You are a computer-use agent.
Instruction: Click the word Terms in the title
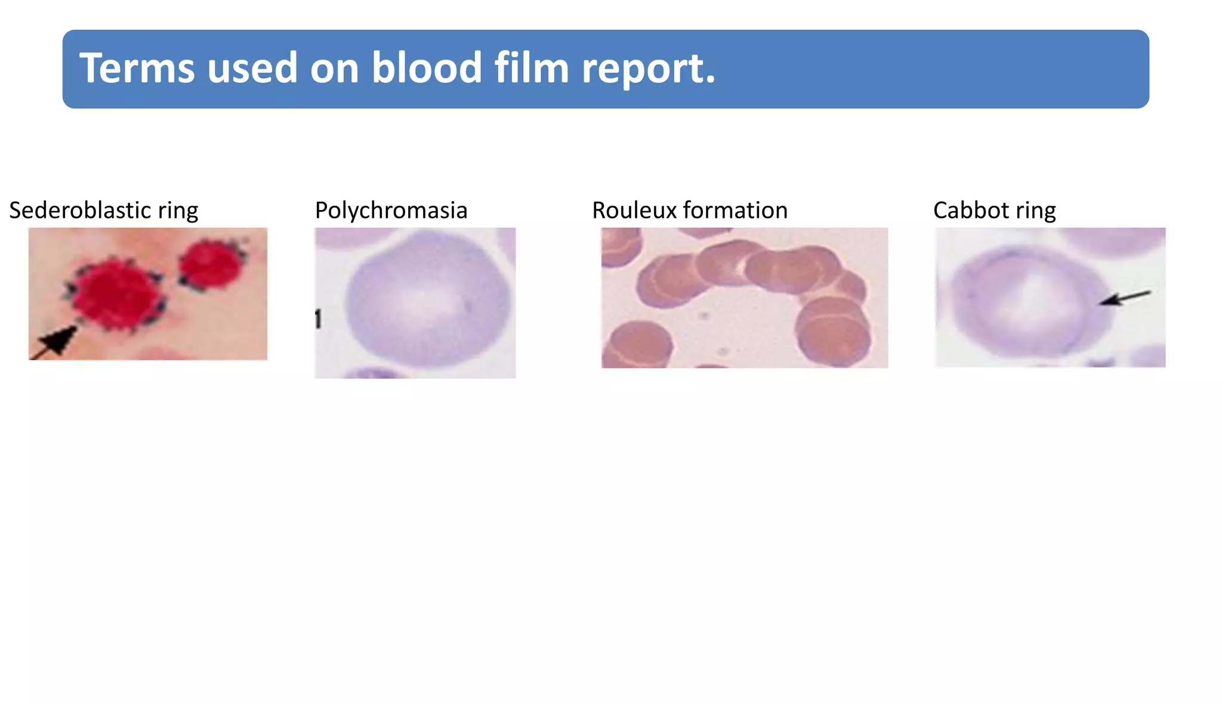137,68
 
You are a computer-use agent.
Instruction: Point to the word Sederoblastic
80,211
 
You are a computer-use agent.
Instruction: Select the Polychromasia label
391,211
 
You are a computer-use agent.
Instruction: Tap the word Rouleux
634,211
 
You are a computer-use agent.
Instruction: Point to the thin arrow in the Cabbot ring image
1124,298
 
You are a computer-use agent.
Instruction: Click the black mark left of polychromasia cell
318,319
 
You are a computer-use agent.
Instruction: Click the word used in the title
252,68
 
